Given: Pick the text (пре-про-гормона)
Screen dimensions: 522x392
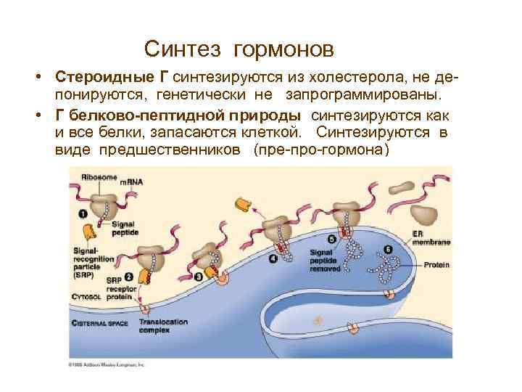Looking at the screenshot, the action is point(321,150).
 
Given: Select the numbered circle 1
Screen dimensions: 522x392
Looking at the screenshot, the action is point(83,214).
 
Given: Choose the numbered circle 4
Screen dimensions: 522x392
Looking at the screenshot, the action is point(273,258).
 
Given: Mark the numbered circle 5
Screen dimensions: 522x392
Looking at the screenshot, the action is point(331,239).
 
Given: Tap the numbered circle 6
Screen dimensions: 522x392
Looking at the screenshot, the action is point(388,249).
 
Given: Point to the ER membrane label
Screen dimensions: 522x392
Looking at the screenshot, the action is point(424,238).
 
